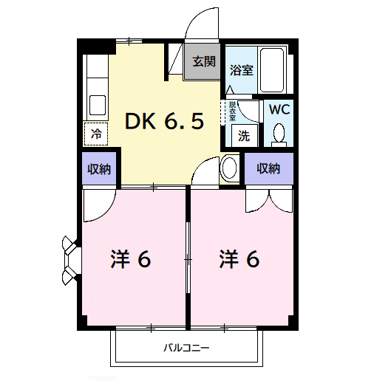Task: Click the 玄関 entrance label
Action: (x=204, y=62)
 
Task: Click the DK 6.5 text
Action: (x=163, y=120)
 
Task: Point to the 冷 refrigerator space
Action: (x=96, y=134)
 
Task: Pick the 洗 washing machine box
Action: (x=243, y=135)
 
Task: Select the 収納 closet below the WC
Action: (x=269, y=169)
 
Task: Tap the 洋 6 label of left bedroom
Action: (x=131, y=259)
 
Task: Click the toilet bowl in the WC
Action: (x=279, y=134)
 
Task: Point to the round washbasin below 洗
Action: (x=228, y=167)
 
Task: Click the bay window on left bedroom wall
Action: (x=70, y=260)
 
